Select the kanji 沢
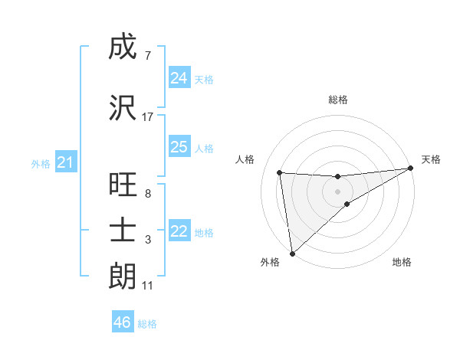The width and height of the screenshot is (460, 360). pos(123,108)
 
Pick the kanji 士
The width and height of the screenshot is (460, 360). pos(123,230)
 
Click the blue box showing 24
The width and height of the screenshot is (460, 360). pos(179,77)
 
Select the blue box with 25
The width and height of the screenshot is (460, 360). pos(179,147)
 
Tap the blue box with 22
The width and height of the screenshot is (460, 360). pos(179,231)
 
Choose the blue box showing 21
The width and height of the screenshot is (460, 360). pos(66,162)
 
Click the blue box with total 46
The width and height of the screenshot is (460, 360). pos(122,322)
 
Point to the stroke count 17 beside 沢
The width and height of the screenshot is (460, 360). pos(148,117)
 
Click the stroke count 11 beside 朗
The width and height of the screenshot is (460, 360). pos(147,286)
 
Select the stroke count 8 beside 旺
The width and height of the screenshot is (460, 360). pos(147,194)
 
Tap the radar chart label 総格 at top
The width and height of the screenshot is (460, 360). pos(337,100)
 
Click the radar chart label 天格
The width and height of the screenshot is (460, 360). pos(431,159)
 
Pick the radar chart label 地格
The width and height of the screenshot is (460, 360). pos(402,262)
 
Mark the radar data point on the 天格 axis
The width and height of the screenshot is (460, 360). pos(410,169)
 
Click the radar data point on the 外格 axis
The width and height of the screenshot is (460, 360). pos(291,253)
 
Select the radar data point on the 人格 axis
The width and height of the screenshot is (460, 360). pos(279,172)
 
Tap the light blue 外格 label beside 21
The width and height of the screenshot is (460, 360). pos(41,163)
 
